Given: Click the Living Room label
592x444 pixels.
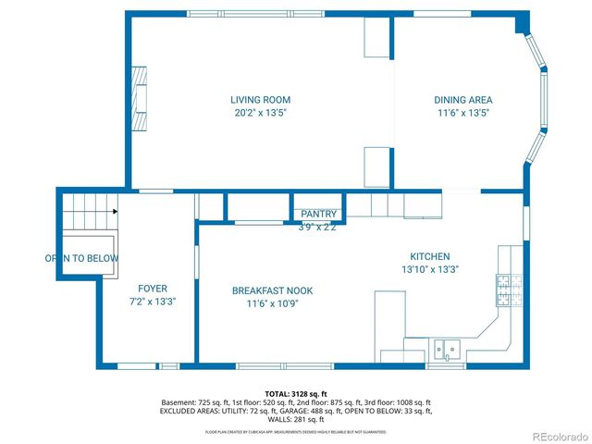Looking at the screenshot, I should [x=260, y=100].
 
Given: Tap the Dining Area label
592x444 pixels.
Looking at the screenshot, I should [x=463, y=100].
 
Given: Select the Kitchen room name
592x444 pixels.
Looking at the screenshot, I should [x=430, y=256].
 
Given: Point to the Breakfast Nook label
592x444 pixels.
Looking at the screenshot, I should [x=272, y=290].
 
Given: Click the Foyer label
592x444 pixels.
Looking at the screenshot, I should [x=153, y=289].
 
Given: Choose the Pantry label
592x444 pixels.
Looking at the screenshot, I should [x=319, y=215].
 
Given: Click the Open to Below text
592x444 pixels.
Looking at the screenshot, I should [x=81, y=258].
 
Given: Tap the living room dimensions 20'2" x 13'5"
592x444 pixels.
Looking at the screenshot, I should [x=260, y=113].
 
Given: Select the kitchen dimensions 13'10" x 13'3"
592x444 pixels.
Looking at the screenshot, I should [x=430, y=269].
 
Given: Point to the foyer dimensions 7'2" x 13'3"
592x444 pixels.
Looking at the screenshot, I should [x=153, y=302].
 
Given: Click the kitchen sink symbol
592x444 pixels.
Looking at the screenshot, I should [x=448, y=349].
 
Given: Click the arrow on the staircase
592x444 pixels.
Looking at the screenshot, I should [x=115, y=212].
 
